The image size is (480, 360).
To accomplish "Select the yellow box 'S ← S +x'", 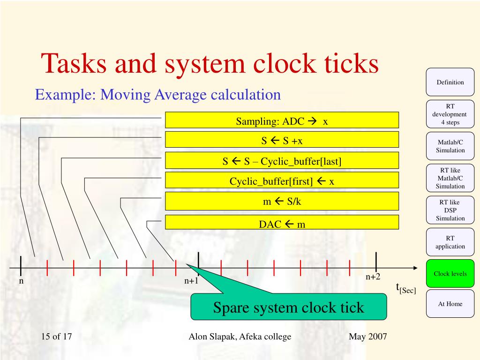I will [x=281, y=140].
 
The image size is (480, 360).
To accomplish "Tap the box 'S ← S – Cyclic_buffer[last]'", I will [x=281, y=160].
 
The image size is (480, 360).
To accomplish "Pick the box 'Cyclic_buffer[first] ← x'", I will [x=281, y=180].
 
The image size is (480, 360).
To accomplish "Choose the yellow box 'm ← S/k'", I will [x=281, y=201].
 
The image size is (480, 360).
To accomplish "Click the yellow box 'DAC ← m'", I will [x=281, y=223].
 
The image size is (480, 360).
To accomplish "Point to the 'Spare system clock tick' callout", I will [x=288, y=307].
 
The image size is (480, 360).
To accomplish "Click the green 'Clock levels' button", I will [x=450, y=273].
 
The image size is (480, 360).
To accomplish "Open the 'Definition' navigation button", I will [x=450, y=82].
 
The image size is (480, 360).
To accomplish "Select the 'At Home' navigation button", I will [x=450, y=304].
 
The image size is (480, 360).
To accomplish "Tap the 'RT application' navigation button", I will [x=450, y=242].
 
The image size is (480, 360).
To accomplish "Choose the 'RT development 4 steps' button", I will [x=450, y=114].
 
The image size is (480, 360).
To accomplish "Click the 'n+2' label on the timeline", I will [x=373, y=277].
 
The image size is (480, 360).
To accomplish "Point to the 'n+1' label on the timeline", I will [x=191, y=281].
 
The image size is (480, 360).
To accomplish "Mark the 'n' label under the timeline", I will [x=21, y=281].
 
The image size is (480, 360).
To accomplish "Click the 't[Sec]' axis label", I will [x=405, y=288].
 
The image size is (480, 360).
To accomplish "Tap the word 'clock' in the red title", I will [x=283, y=63].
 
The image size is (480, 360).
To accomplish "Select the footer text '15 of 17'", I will [x=56, y=337].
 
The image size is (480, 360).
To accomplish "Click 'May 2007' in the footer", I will [x=367, y=337].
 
